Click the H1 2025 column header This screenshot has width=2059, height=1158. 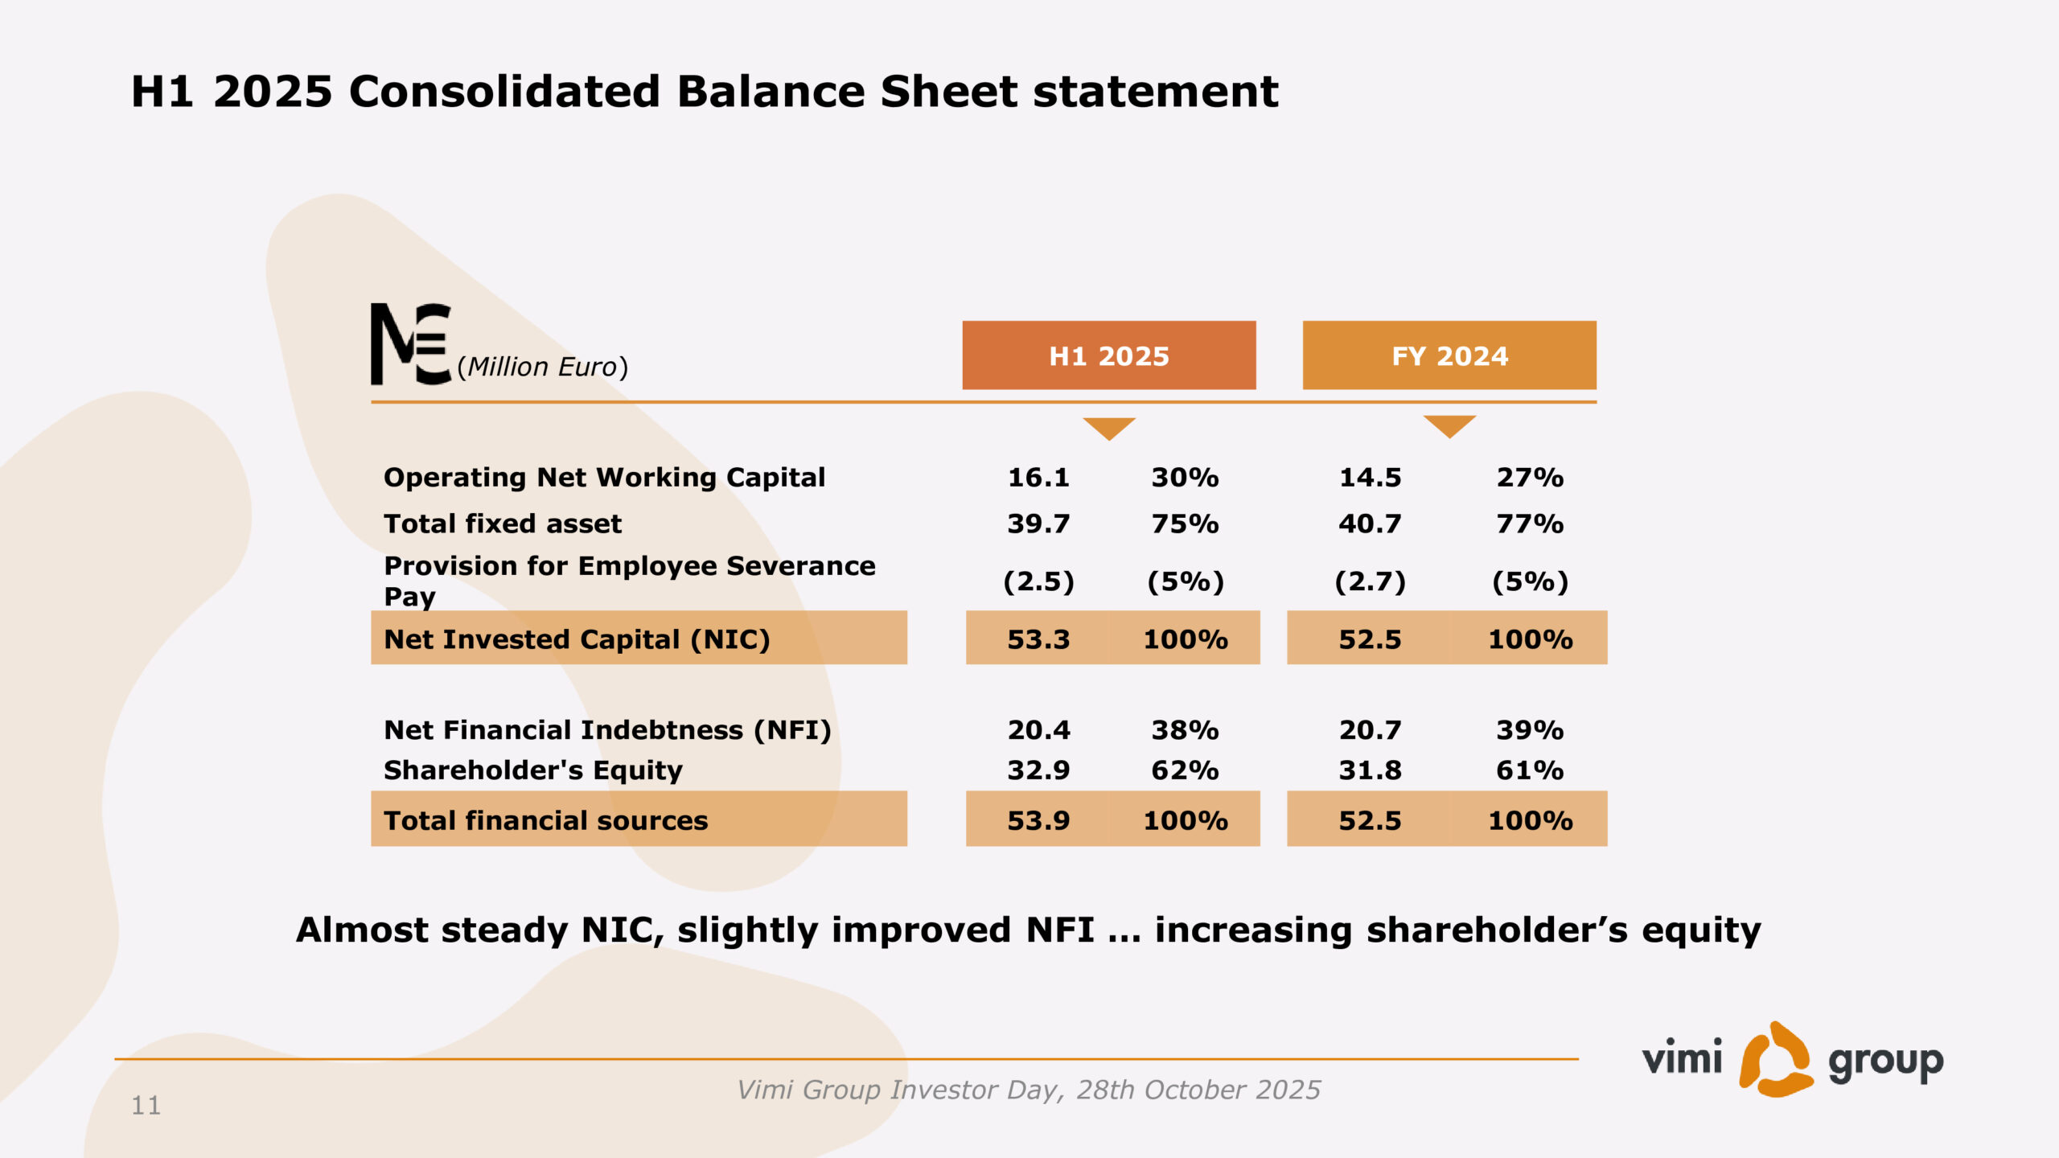point(1109,355)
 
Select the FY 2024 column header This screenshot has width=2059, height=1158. point(1449,355)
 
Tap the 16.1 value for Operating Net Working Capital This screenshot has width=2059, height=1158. point(1038,478)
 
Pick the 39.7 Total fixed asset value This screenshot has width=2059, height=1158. point(1038,524)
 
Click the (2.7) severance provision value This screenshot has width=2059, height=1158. point(1370,581)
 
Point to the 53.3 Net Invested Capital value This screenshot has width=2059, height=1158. point(1038,640)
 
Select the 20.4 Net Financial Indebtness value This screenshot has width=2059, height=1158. point(1038,730)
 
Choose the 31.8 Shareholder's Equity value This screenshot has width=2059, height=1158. point(1370,770)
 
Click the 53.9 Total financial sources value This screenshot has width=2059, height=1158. point(1038,821)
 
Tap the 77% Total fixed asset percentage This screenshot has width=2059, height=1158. point(1530,524)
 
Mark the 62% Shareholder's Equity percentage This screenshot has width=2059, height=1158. point(1185,770)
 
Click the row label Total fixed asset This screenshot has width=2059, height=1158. point(503,524)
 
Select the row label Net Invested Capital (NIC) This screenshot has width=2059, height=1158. point(577,640)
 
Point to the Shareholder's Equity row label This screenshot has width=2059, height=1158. point(533,770)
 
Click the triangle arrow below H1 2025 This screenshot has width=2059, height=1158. point(1109,429)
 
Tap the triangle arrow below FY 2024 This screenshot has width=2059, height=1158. point(1449,426)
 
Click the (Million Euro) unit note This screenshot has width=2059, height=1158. point(543,367)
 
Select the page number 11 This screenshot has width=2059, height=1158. point(146,1106)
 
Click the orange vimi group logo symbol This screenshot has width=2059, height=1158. point(1776,1060)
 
